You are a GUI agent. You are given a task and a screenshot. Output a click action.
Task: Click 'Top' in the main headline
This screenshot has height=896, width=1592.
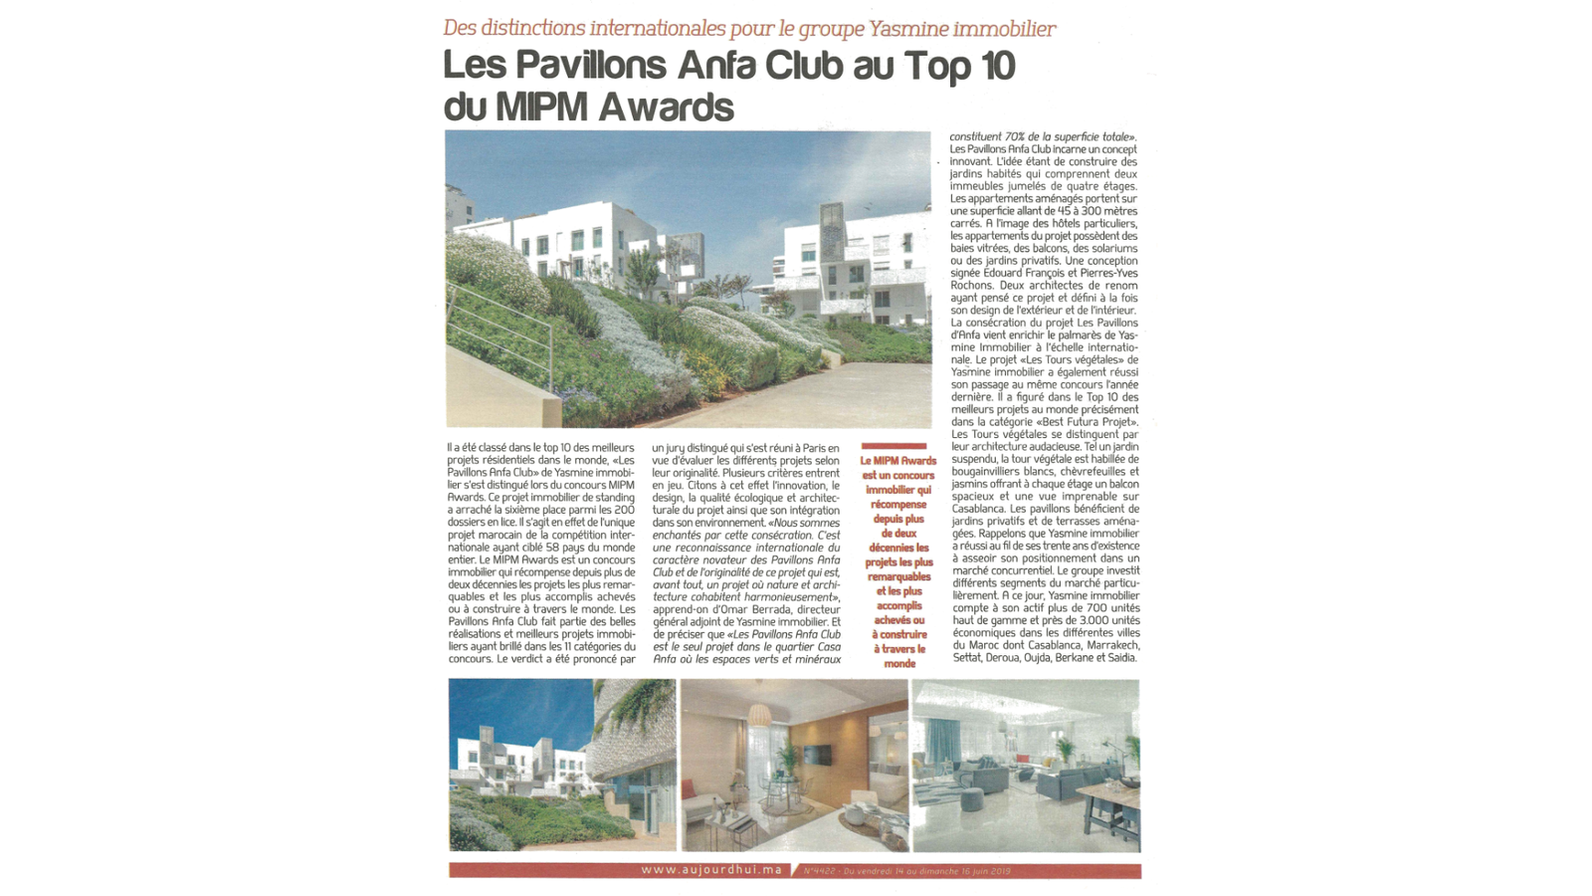pyautogui.click(x=939, y=66)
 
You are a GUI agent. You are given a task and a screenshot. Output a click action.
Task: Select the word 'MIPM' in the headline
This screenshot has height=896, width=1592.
pyautogui.click(x=546, y=107)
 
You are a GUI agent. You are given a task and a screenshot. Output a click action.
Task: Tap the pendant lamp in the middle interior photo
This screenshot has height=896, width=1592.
pyautogui.click(x=760, y=716)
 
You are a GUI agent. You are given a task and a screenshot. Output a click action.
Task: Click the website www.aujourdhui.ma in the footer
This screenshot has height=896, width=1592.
pyautogui.click(x=711, y=870)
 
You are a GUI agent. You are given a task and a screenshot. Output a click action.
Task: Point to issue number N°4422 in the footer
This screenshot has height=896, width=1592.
pyautogui.click(x=819, y=871)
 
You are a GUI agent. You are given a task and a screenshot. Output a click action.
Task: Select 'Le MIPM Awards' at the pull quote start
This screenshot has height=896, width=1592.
pyautogui.click(x=898, y=461)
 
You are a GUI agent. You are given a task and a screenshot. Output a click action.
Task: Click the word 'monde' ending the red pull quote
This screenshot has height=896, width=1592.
pyautogui.click(x=898, y=663)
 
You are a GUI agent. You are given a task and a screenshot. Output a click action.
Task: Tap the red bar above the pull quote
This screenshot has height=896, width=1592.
pyautogui.click(x=894, y=447)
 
